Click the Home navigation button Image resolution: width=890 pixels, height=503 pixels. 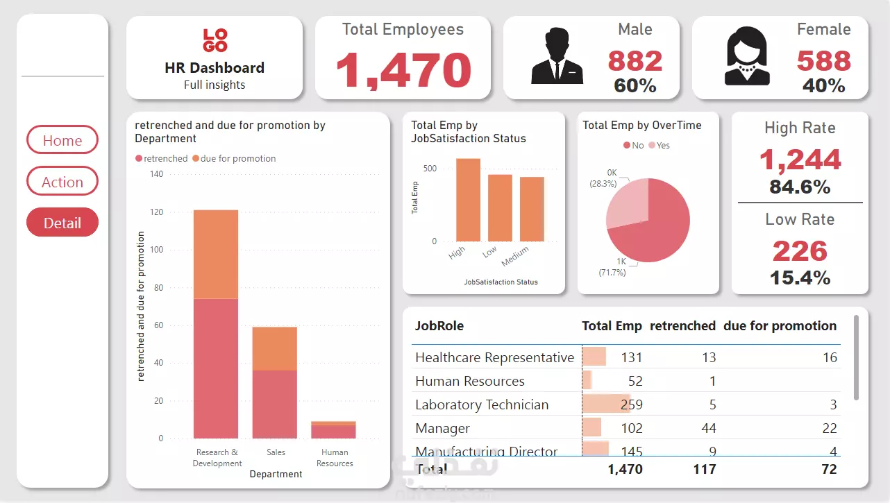click(62, 140)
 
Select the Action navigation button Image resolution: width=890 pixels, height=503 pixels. click(62, 182)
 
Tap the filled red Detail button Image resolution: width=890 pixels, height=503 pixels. click(62, 223)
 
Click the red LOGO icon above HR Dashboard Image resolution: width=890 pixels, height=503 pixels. click(215, 40)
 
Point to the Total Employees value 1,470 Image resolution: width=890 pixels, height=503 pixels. click(403, 70)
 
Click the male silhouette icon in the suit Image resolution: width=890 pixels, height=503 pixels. click(557, 56)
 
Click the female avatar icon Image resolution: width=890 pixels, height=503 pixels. click(747, 56)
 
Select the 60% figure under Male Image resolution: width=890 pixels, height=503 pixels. click(635, 85)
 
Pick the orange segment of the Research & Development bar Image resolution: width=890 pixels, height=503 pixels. click(216, 254)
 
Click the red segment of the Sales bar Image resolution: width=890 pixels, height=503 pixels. click(274, 404)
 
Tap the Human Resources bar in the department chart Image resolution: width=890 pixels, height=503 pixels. click(333, 430)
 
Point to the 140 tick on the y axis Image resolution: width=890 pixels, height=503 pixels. click(156, 174)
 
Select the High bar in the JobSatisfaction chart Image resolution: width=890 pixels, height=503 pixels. click(468, 200)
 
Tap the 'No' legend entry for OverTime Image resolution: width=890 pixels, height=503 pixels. click(634, 145)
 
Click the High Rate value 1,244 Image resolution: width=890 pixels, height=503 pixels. click(800, 160)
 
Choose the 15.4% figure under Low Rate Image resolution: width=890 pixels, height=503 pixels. click(800, 278)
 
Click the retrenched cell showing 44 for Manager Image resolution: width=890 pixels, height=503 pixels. click(708, 428)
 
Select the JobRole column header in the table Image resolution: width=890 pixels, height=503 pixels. click(439, 325)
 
